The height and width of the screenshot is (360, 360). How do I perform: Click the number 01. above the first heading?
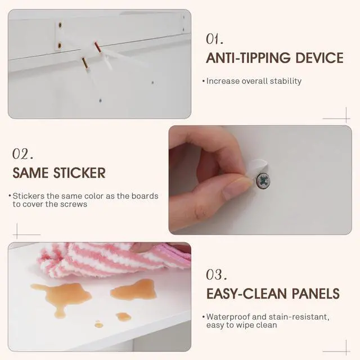click(214, 39)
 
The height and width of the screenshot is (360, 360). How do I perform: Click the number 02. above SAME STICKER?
click(22, 154)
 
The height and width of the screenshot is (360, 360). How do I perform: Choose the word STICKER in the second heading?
click(79, 173)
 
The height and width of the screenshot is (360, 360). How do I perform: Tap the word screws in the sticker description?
click(75, 204)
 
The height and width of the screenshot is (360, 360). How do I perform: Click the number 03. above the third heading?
click(217, 274)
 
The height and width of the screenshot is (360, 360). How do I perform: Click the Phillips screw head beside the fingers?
click(263, 181)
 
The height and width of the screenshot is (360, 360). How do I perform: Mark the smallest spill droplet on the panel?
click(99, 324)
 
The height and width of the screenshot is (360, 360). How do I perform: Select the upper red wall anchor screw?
click(97, 47)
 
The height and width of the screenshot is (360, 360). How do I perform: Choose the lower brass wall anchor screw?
click(85, 63)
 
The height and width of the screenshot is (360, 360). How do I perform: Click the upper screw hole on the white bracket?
click(60, 25)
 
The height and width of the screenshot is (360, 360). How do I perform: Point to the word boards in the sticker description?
click(145, 196)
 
